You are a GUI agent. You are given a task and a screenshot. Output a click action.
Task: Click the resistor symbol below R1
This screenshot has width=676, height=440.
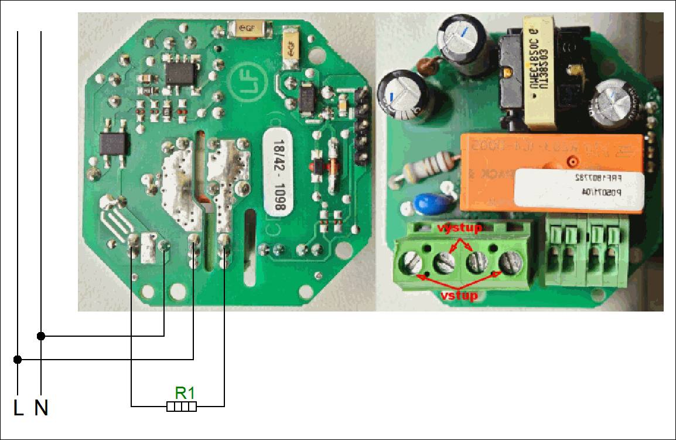pos(182,406)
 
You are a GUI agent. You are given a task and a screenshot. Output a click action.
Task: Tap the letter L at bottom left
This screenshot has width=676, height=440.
pos(19,408)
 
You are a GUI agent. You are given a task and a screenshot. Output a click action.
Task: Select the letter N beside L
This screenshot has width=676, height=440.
pos(41,408)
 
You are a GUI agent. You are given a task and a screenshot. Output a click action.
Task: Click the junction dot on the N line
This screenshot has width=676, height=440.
pos(41,336)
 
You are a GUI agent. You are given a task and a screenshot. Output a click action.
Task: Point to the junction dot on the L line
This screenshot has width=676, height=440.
pos(18,359)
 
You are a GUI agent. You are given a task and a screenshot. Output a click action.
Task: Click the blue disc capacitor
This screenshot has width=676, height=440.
pos(425,205)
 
